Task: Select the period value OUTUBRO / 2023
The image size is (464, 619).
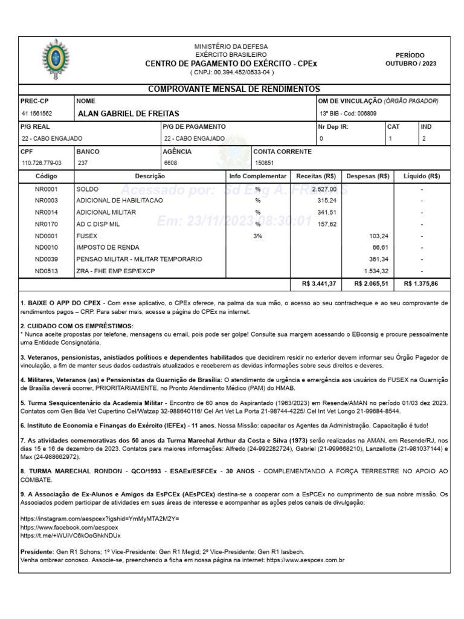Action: point(410,63)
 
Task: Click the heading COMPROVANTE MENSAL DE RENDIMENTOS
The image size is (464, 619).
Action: point(234,89)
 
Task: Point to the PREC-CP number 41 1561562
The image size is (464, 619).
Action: point(37,114)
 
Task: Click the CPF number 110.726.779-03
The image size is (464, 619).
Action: point(42,163)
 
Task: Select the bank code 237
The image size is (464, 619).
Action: point(82,163)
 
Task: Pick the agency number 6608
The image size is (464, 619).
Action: point(170,163)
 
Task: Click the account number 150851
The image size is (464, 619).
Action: point(265,163)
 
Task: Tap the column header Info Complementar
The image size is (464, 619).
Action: point(258,176)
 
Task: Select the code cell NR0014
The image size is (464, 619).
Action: point(46,212)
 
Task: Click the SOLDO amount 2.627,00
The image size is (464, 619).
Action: point(324,189)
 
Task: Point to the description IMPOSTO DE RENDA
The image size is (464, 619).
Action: point(108,247)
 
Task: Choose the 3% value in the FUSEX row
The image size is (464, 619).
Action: point(257,236)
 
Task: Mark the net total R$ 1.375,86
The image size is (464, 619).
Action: point(420,284)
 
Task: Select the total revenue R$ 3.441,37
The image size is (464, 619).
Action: point(318,284)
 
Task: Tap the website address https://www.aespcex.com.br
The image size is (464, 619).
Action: point(305,560)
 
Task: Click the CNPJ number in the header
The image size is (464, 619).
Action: point(232,72)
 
